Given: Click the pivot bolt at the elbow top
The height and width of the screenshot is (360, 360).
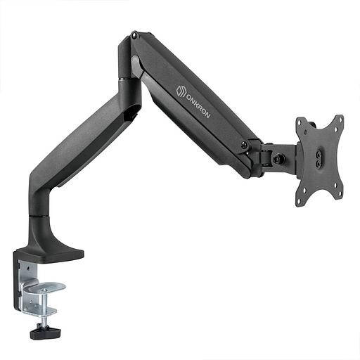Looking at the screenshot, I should (x=134, y=34).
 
